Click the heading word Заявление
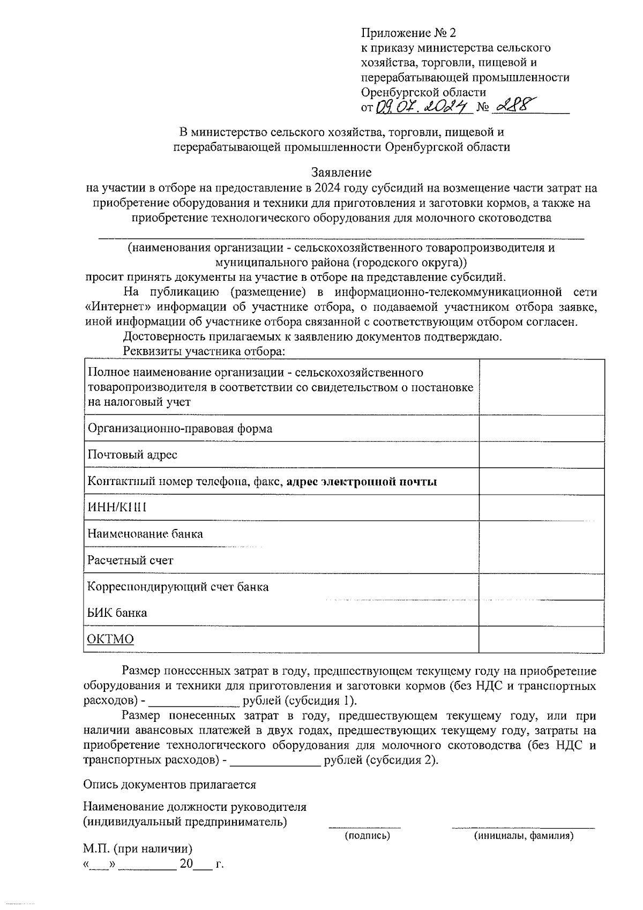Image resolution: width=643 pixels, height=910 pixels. click(x=341, y=173)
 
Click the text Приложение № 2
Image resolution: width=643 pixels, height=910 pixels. click(x=408, y=33)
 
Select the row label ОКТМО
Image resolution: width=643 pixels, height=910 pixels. click(x=110, y=639)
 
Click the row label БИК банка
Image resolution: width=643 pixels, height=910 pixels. click(x=117, y=613)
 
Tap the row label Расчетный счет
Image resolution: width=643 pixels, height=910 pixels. click(x=130, y=560)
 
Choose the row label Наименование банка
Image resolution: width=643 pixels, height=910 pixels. click(x=145, y=534)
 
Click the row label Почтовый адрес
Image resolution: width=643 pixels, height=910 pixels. click(x=132, y=454)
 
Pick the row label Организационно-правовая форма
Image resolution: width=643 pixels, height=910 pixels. click(x=180, y=428)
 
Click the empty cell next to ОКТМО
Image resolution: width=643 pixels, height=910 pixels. click(x=541, y=639)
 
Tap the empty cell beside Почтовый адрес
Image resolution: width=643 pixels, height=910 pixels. click(x=541, y=454)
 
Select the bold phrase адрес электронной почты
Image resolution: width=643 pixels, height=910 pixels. click(x=362, y=481)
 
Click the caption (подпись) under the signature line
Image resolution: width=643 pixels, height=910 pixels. click(x=367, y=836)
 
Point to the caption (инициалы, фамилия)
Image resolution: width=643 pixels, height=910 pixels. click(x=523, y=836)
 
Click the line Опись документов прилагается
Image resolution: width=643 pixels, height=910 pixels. click(x=169, y=785)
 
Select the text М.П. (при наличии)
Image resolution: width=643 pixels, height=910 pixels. click(x=137, y=849)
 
